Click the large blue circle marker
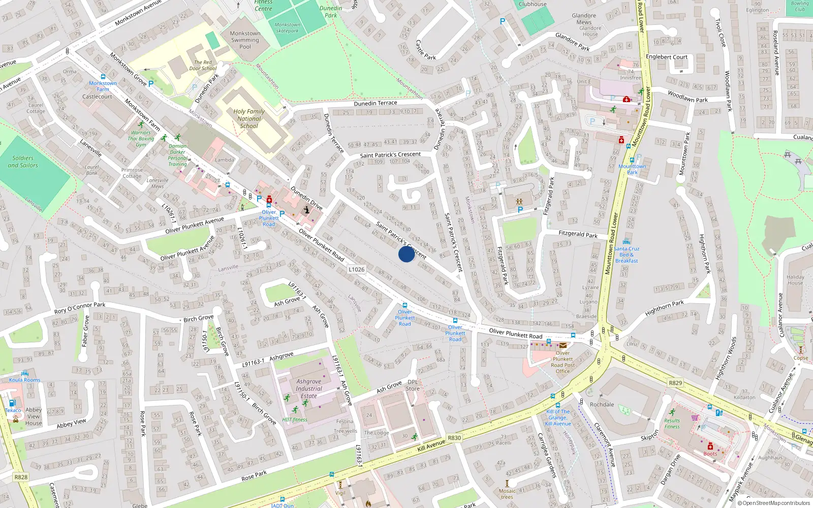tap(407, 253)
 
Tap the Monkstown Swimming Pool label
tap(245, 40)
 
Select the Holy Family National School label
tap(249, 118)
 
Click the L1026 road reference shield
tap(357, 270)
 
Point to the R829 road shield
tap(675, 383)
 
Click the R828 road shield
tap(21, 477)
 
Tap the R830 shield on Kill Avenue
tap(454, 438)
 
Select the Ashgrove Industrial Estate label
tap(309, 389)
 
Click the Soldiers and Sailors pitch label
tap(23, 162)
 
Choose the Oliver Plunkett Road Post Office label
tap(563, 362)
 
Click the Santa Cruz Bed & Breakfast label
tap(627, 255)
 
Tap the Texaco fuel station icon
tap(12, 403)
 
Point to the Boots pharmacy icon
tap(710, 447)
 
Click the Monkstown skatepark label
tap(287, 27)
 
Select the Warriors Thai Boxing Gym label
tap(141, 138)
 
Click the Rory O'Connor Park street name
tap(80, 308)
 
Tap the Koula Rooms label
tap(24, 379)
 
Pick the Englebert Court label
tap(666, 57)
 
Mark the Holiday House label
tap(795, 280)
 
